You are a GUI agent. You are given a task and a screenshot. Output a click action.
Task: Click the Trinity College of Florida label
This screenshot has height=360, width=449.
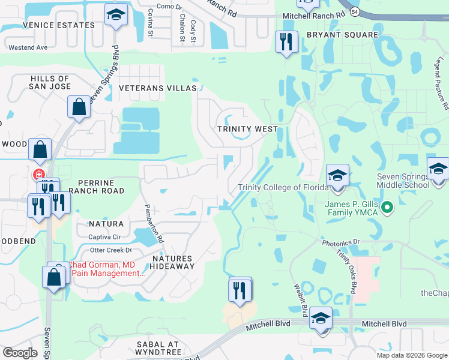pos(283,187)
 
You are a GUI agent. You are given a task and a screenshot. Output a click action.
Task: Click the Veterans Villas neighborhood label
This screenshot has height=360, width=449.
pos(157,88)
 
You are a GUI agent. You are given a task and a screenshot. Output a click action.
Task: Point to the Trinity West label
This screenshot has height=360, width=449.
pos(247,129)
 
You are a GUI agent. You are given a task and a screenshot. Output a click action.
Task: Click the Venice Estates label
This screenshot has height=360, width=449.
pos(59,25)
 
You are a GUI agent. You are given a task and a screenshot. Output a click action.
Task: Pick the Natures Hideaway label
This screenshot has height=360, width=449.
pos(173,262)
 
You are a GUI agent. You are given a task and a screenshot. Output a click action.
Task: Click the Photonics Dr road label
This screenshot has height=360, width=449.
pos(340,243)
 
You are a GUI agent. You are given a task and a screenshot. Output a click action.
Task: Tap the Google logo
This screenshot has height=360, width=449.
pos(20,353)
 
